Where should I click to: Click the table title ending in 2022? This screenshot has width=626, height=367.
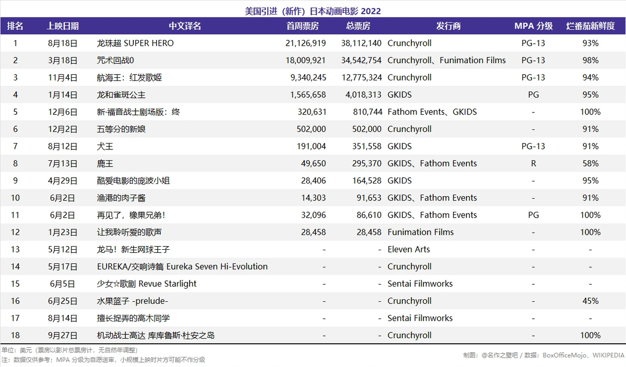[x=312, y=11]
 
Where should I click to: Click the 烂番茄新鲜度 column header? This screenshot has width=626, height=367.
[x=590, y=26]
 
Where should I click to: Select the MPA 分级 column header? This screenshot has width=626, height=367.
[x=534, y=26]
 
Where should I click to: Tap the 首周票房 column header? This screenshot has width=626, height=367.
[x=302, y=26]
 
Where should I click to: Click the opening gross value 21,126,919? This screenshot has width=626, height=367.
[x=306, y=43]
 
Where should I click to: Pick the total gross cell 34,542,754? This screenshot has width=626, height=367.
[x=361, y=60]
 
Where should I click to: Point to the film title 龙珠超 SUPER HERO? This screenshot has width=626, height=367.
[x=135, y=43]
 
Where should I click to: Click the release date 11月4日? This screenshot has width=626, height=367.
[x=62, y=78]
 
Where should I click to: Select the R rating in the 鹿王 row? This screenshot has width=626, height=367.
[x=534, y=164]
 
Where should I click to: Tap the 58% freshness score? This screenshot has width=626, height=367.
[x=590, y=164]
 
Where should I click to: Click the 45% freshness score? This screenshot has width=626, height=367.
[x=590, y=301]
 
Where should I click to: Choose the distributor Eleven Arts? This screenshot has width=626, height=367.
[x=409, y=249]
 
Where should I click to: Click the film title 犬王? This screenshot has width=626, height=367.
[x=105, y=146]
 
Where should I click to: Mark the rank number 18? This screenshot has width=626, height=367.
[x=15, y=335]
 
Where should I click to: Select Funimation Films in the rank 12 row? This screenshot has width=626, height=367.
[x=420, y=232]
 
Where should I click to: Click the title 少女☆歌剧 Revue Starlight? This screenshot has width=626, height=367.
[x=147, y=284]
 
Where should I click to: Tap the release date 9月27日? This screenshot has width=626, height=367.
[x=62, y=335]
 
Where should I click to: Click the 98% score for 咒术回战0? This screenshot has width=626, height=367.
[x=590, y=60]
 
